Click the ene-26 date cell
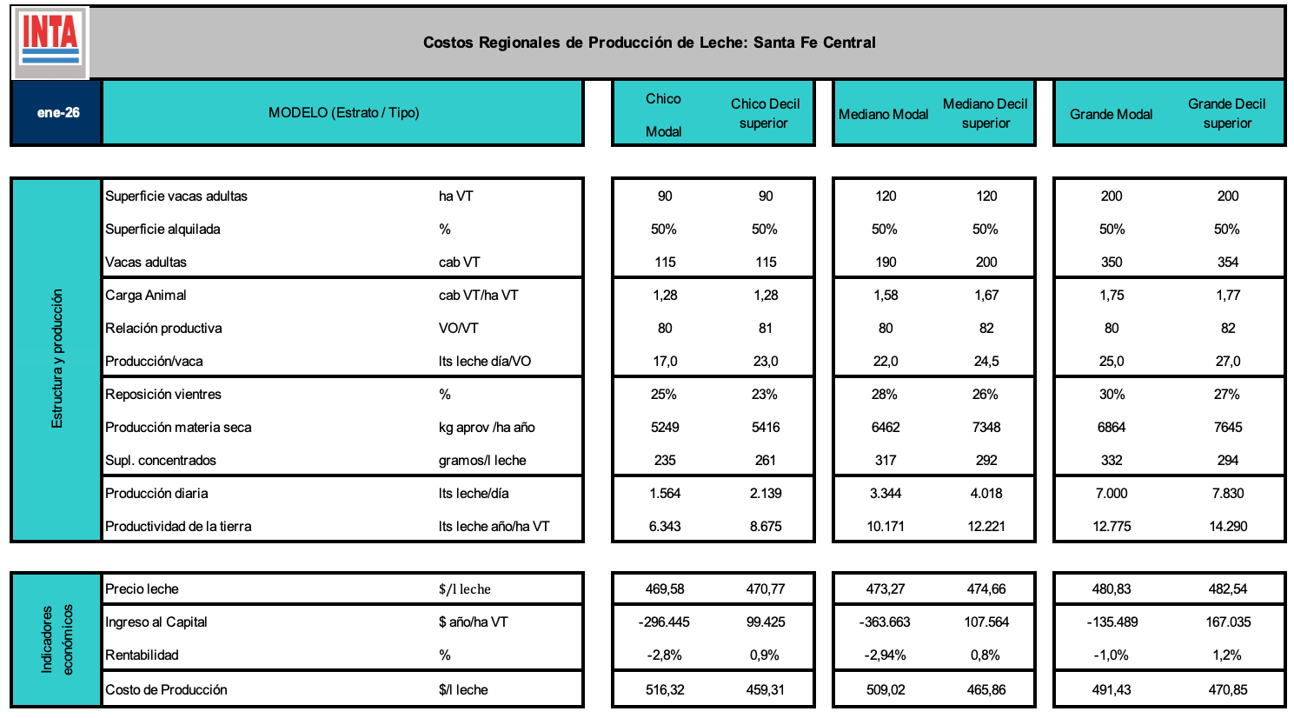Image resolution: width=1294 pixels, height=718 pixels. coord(58,113)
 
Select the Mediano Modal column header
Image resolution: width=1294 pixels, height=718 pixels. coord(883,114)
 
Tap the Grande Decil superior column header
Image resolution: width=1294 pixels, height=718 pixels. coord(1226,113)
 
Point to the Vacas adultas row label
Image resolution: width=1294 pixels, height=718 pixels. coord(146,263)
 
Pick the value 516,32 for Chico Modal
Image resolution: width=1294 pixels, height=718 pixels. coord(665,690)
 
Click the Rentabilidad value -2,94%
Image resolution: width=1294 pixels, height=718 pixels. coord(885,655)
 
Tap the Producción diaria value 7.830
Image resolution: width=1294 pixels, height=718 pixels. coord(1227,494)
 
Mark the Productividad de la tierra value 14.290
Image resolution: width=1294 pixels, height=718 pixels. coord(1227,527)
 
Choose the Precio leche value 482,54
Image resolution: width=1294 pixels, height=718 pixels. coord(1227,589)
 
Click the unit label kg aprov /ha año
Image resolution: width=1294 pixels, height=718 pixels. coord(487,428)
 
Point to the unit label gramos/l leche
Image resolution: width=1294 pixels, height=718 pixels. coord(482,461)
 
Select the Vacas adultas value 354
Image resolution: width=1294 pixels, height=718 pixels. coord(1227,263)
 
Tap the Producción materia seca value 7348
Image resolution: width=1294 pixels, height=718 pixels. coord(986,428)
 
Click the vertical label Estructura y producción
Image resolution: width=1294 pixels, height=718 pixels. coord(57,359)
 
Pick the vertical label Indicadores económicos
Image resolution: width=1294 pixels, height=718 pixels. coord(57,639)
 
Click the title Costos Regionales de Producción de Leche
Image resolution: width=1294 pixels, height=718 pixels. coord(649,43)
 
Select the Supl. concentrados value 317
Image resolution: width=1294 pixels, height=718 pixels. coord(886,461)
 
